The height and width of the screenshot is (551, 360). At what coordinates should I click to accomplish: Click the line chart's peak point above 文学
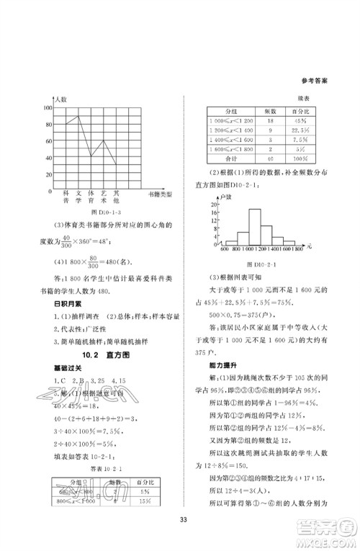click(78, 115)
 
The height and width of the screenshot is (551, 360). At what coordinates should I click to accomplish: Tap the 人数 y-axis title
click(61, 97)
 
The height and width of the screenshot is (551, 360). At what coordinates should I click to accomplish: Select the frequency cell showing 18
click(270, 122)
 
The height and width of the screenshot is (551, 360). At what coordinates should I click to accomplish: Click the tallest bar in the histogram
click(254, 227)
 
